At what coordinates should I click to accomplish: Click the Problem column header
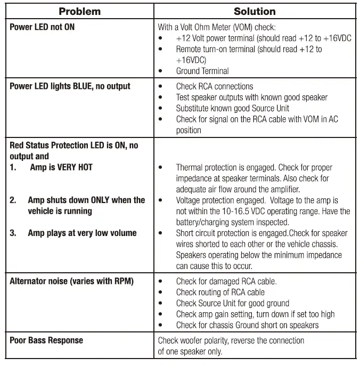(79, 11)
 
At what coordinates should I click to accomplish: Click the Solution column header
(255, 11)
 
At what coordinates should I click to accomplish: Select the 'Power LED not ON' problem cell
(42, 27)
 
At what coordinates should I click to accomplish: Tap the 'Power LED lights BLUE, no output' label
(70, 86)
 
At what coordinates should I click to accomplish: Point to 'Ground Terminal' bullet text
(202, 71)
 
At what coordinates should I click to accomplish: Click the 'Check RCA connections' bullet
(215, 86)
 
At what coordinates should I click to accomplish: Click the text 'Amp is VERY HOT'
(61, 167)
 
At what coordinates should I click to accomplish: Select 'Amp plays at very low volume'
(82, 233)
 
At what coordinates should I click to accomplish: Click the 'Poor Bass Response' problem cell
(46, 340)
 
